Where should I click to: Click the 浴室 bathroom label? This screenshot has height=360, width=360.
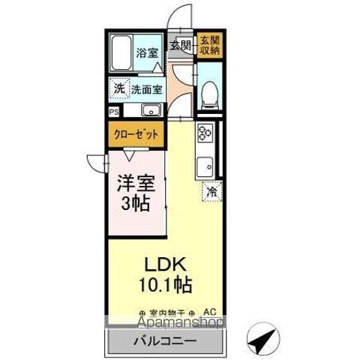(x=148, y=53)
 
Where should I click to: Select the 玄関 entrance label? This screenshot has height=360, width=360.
(x=180, y=45)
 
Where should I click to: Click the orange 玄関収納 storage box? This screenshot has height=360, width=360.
(x=209, y=45)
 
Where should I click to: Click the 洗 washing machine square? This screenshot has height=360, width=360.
(x=119, y=88)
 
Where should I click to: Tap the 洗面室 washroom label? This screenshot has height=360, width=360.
(x=148, y=89)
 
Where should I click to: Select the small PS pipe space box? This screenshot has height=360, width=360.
(x=114, y=112)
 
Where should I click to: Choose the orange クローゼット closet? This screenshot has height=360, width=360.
(x=136, y=136)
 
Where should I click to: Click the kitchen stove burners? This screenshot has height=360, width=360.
(x=205, y=135)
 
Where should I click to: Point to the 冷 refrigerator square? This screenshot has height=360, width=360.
(x=212, y=192)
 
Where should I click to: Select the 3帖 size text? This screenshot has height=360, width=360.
(x=136, y=202)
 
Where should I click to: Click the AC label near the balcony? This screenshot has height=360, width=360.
(x=210, y=311)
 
